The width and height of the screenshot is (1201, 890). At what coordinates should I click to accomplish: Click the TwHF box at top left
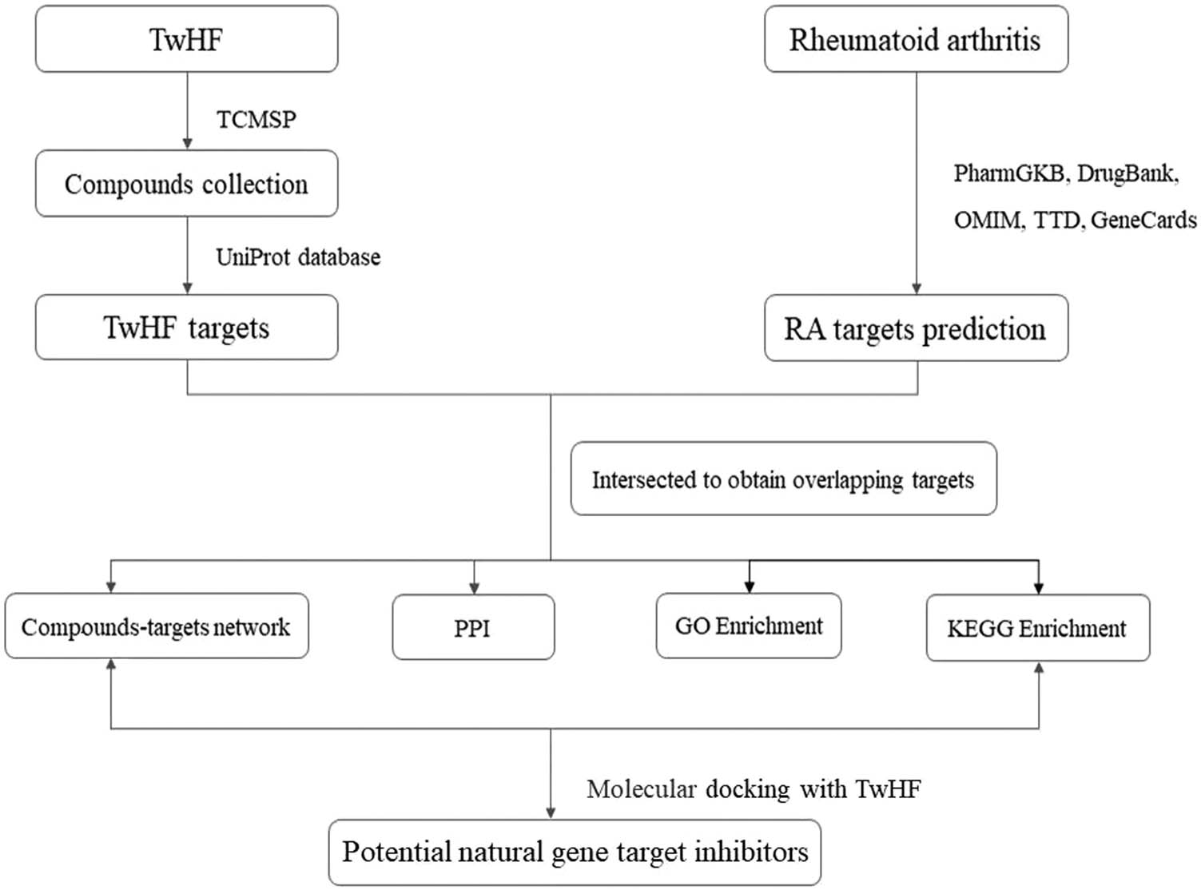point(186,39)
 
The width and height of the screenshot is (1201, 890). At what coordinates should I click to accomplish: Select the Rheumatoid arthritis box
point(916,39)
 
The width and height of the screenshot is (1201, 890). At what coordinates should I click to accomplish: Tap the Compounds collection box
point(186,184)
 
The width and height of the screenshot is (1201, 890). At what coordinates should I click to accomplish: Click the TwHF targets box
point(186,328)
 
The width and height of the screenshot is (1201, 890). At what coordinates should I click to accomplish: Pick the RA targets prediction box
point(916,328)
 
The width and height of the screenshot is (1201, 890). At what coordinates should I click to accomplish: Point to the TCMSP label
point(256,120)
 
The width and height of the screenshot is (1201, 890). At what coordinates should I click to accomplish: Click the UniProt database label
point(298,257)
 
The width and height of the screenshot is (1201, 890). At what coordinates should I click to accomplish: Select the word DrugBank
point(1127,173)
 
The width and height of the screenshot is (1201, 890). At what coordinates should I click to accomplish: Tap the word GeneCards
point(1143,220)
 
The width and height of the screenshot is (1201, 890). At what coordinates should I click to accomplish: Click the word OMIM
point(988,220)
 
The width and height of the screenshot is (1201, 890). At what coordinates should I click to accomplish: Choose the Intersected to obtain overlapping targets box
point(783,479)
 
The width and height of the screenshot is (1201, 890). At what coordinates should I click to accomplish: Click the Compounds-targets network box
point(156,627)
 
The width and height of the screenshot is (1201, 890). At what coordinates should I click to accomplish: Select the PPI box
point(473,628)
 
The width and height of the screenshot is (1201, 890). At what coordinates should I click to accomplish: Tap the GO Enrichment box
point(749,626)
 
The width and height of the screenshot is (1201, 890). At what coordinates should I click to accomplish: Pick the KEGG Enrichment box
point(1037,629)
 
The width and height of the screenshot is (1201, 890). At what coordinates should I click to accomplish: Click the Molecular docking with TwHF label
point(754,789)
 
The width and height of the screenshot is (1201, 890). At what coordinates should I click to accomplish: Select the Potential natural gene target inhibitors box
point(575,852)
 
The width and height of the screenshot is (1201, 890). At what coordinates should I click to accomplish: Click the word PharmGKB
point(1009,173)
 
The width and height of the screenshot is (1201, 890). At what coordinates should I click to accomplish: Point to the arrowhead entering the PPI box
point(475,588)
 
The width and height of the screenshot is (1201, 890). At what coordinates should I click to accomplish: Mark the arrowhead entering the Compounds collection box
point(188,144)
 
